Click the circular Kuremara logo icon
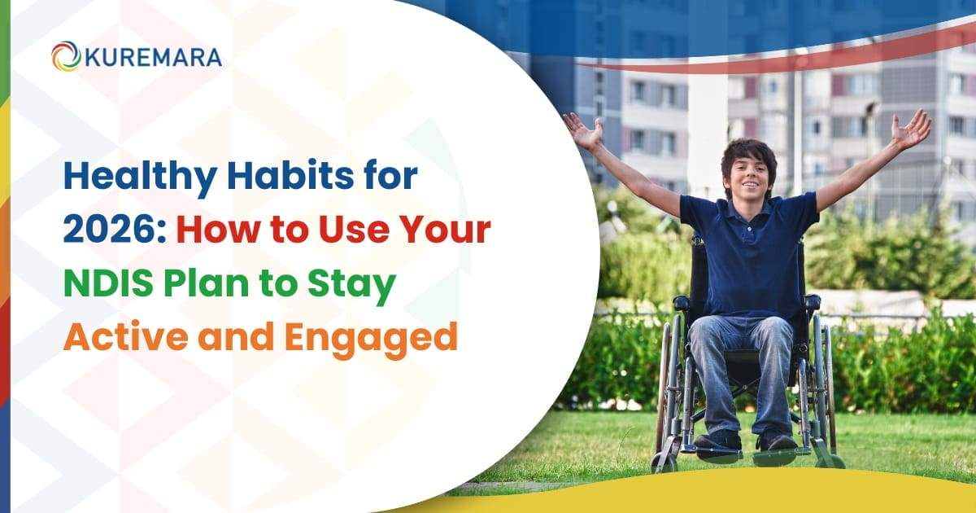tap(66, 56)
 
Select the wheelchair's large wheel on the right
tap(823, 391)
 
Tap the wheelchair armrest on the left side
tap(682, 303)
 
